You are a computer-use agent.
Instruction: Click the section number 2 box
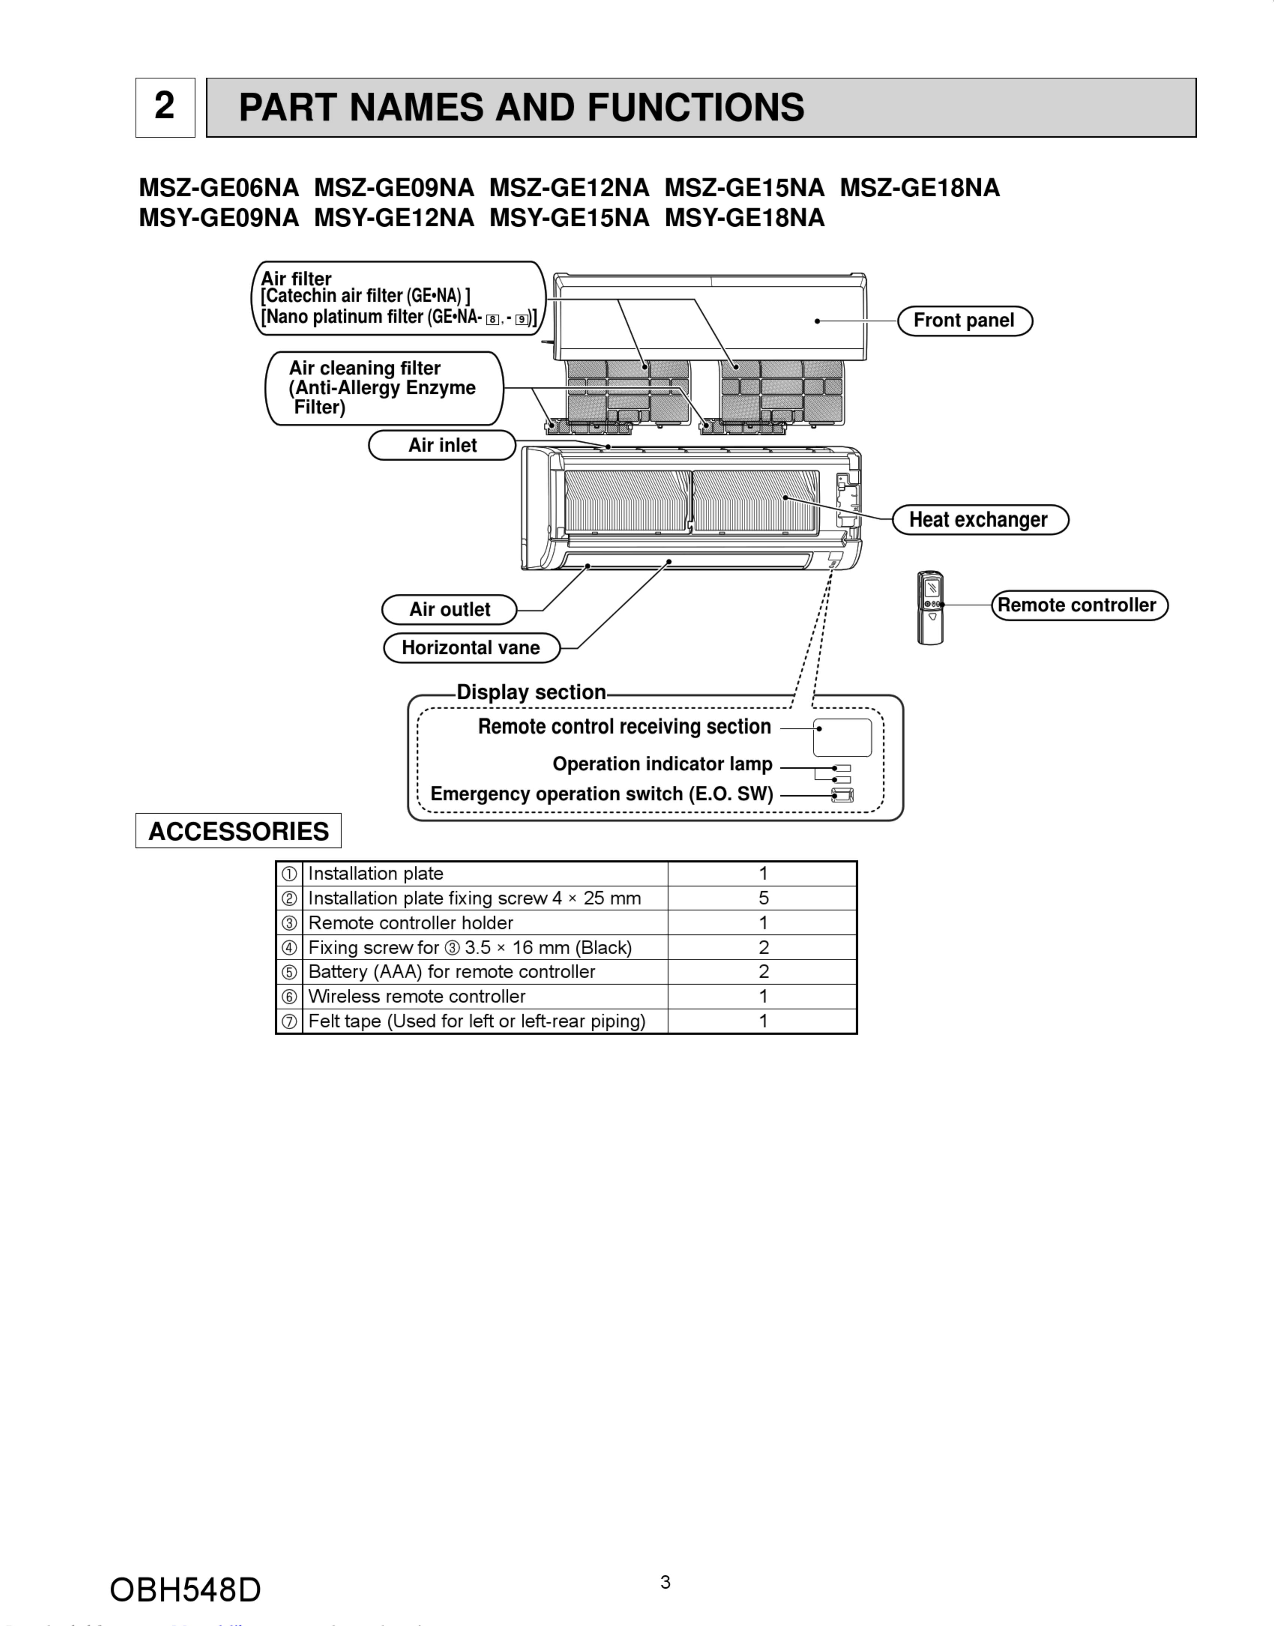pos(165,108)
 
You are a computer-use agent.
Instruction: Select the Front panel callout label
pos(964,321)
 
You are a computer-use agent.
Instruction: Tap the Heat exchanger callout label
pos(979,520)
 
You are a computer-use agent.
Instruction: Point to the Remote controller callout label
pos(1078,605)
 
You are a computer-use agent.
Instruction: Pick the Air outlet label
pos(449,610)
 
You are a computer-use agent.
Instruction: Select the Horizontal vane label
pos(471,647)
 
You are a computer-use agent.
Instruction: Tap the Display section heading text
pos(531,692)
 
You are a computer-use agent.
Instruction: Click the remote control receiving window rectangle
pos(842,738)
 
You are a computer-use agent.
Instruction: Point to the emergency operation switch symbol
pos(843,795)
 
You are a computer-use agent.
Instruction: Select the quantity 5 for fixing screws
pos(763,898)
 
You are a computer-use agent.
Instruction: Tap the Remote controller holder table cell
pos(410,923)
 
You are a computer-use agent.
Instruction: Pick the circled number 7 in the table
pos(289,1021)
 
